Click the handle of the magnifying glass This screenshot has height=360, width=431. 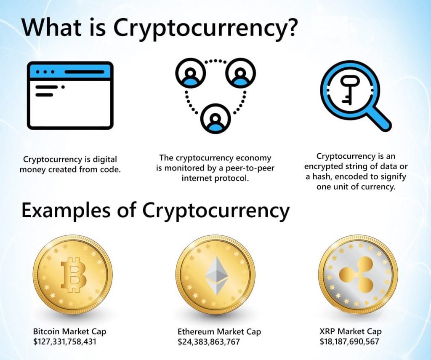click(x=379, y=119)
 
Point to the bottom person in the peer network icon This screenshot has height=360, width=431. click(x=215, y=119)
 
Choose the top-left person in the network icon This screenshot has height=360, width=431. click(x=191, y=73)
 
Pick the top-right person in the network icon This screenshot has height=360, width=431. click(x=240, y=73)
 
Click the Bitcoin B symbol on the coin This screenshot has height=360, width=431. click(x=74, y=275)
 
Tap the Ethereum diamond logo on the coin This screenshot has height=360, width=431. click(x=216, y=276)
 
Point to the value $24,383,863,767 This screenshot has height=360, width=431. click(x=209, y=341)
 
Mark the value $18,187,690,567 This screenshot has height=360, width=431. click(x=349, y=341)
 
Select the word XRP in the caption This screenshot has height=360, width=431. click(x=327, y=331)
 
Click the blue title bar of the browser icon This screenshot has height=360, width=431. click(x=70, y=71)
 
